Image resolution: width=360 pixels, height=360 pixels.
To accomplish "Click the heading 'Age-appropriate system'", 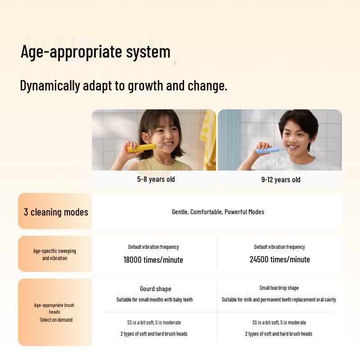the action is point(95,52).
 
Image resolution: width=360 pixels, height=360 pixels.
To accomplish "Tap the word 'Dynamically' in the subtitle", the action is point(50,86).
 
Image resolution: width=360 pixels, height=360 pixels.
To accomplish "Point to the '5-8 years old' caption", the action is point(156,179).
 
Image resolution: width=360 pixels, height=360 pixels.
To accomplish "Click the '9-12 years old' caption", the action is point(281,180).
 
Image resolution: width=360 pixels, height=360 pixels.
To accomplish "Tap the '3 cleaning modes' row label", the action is point(56,212).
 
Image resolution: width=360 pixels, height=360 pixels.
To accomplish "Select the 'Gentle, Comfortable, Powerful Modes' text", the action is point(218,212).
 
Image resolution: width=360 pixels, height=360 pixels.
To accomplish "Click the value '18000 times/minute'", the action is point(153,260).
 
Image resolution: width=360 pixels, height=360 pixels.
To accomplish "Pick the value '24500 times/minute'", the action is point(279,260).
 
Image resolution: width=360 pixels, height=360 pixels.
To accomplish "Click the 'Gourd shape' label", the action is point(155,289).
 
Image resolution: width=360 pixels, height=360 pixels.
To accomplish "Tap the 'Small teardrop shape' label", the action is point(279,288).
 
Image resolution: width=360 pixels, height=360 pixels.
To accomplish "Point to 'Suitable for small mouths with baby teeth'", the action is point(154,300).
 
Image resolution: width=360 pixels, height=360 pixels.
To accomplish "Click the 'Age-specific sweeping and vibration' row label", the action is point(54,254).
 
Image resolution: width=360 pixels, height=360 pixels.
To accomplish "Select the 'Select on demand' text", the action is point(56,320).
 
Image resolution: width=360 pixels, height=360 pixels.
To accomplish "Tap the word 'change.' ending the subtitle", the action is point(207,86).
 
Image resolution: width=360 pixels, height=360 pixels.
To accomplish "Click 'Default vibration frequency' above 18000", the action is point(153,247).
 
